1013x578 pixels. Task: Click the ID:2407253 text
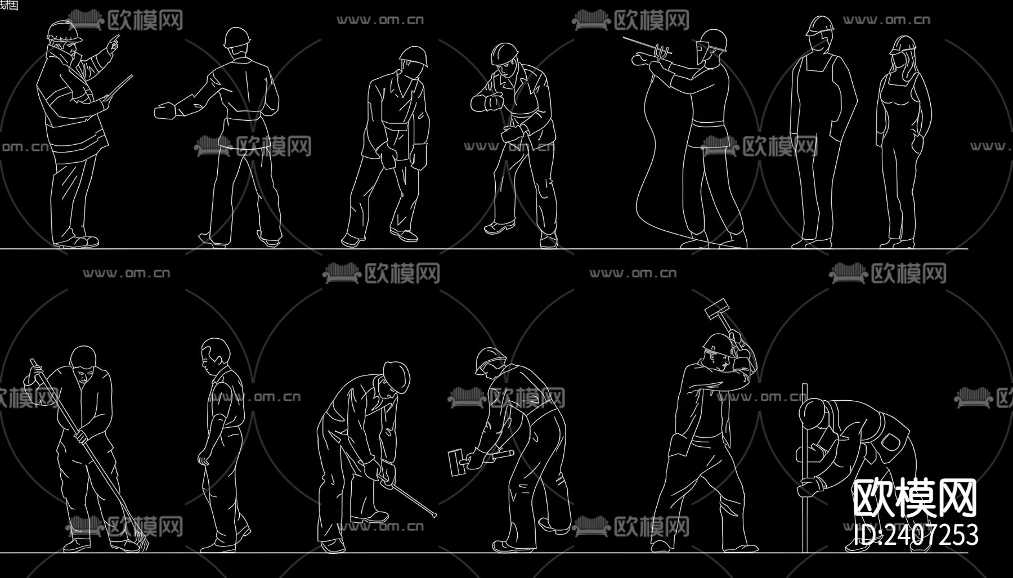click(916, 535)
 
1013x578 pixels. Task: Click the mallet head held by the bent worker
click(456, 462)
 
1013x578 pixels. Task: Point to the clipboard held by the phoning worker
click(119, 88)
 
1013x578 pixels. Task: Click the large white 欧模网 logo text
click(915, 499)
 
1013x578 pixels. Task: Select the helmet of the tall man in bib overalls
click(819, 25)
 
